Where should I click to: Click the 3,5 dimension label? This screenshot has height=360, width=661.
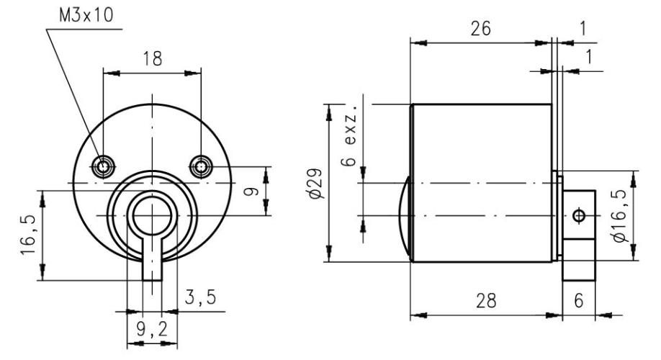pos(199,297)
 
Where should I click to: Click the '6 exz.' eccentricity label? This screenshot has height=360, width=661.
pos(350,140)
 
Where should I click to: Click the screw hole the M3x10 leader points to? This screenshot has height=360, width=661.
pos(104,167)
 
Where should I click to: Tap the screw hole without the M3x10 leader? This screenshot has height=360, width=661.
pos(199,167)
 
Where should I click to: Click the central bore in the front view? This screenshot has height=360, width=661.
pos(152,215)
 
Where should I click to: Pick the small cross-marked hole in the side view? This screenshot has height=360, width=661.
pos(577,215)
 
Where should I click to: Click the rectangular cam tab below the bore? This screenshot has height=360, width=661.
pos(152,263)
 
